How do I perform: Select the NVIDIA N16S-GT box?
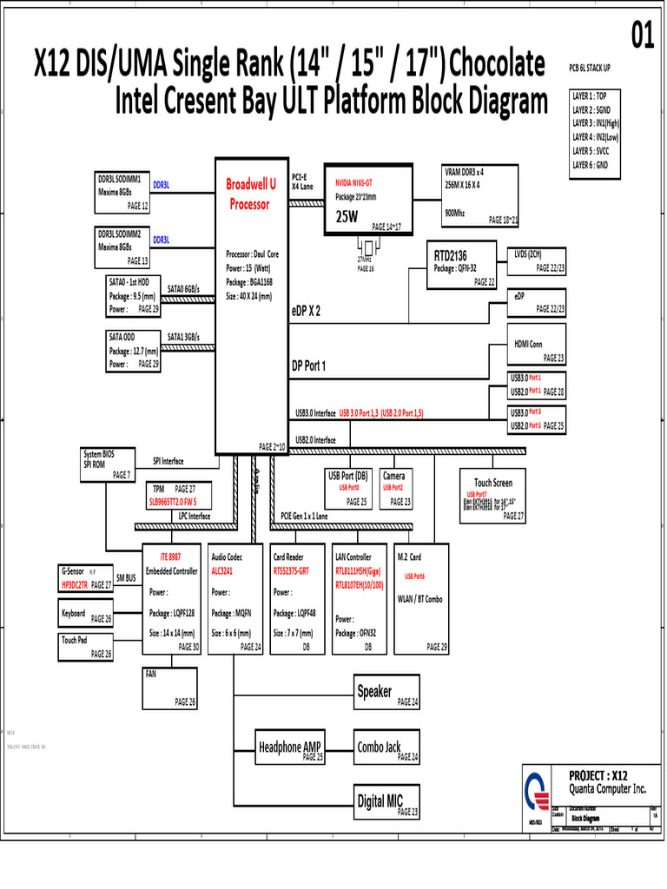coord(367,198)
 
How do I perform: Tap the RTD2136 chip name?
coord(450,255)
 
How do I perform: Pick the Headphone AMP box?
coord(290,747)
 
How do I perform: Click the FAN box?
coord(171,687)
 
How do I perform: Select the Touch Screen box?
coord(492,495)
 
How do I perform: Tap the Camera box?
coord(397,489)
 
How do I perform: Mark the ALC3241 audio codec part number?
coord(224,572)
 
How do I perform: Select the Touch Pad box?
coord(86,646)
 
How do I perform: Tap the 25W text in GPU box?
coord(347,217)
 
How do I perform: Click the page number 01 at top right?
coord(641,36)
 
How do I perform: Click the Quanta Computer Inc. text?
coord(607,789)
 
